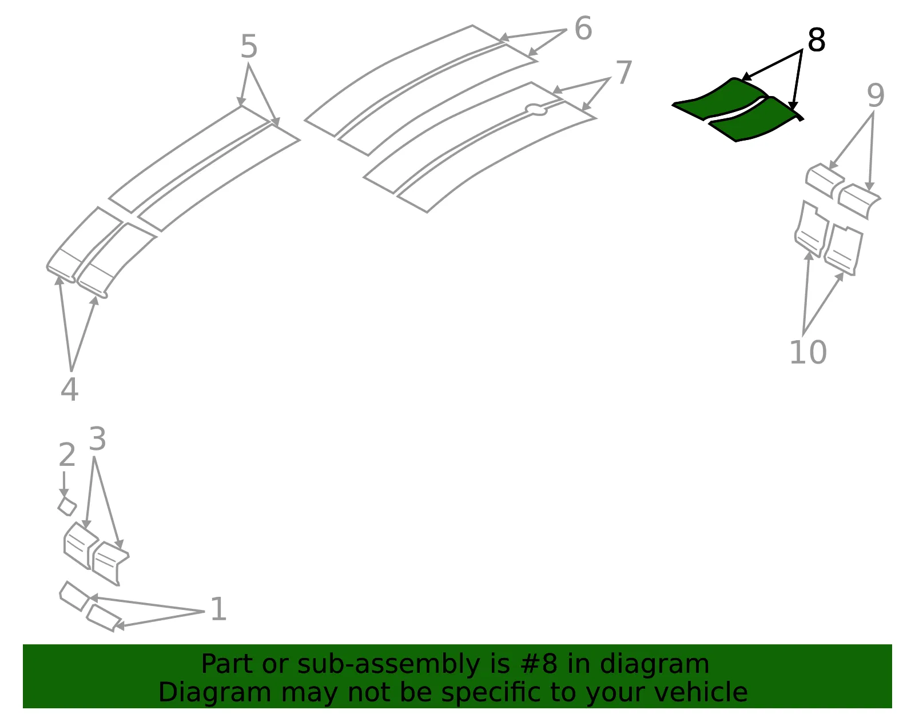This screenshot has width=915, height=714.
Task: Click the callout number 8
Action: point(816,41)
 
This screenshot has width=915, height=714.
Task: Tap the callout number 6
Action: point(583,29)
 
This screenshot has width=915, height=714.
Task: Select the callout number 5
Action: point(248,46)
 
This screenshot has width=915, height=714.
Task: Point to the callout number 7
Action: point(623,73)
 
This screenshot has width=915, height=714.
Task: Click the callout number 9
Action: point(876,95)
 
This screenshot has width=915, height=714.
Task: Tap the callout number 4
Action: point(69,389)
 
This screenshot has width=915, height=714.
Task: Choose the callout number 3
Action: point(97,438)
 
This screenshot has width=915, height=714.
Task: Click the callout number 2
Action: point(67,455)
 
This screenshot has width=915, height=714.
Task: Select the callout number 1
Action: point(218,609)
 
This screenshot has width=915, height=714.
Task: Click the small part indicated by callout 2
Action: point(67,506)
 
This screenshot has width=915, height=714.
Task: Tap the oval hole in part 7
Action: point(536,110)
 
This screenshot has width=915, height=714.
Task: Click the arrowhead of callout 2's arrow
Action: point(64,493)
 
